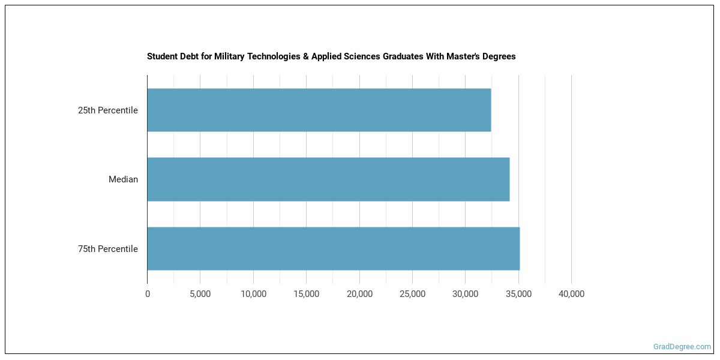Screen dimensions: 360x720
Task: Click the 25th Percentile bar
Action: coord(319,110)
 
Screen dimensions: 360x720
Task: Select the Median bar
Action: coord(328,179)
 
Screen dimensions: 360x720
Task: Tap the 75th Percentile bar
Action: coord(333,248)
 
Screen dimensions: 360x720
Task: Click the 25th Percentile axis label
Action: coord(108,110)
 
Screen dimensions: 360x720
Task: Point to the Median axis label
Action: coord(123,179)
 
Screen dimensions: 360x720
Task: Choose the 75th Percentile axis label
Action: coord(108,249)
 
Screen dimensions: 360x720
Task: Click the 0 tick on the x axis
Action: coord(148,294)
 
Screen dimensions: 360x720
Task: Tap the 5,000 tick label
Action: coord(200,294)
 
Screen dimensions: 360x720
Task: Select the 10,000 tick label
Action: coord(253,294)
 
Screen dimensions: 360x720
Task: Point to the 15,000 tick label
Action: coord(306,294)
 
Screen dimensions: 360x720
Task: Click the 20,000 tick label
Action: coord(359,294)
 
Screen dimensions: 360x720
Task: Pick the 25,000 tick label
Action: coord(412,294)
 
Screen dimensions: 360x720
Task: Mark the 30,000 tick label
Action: coord(465,294)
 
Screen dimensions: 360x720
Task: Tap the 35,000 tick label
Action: coord(518,294)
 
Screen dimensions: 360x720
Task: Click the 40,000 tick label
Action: coord(571,294)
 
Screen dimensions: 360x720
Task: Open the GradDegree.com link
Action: coord(682,347)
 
